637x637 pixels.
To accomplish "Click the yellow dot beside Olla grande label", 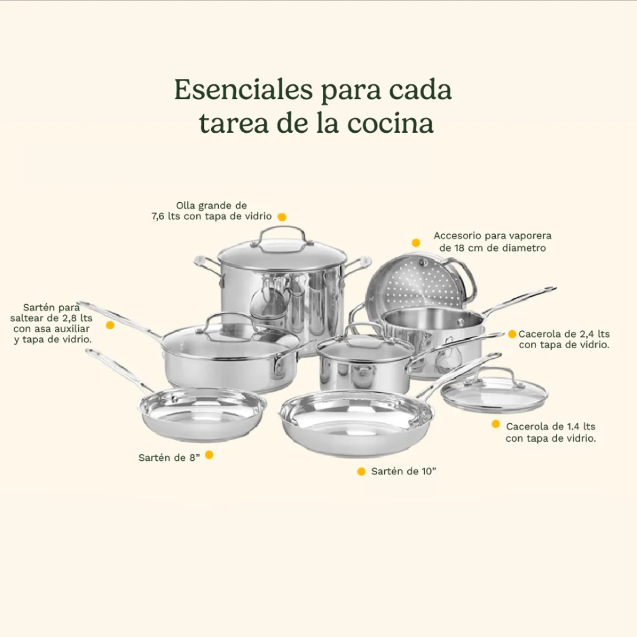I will click(282, 217).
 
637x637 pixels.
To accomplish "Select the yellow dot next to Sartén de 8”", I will click(209, 455).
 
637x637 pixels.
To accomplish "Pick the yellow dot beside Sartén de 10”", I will click(361, 471).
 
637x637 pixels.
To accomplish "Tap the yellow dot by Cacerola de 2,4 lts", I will click(512, 334).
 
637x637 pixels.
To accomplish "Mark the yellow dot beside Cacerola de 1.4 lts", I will click(496, 424).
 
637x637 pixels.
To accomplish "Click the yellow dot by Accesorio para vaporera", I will click(416, 243).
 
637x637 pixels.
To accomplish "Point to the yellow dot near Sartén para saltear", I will click(110, 325).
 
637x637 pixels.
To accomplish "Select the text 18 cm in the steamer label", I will click(466, 248).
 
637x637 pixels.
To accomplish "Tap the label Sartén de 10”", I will click(403, 471).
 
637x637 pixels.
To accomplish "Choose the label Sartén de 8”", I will click(169, 458).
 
